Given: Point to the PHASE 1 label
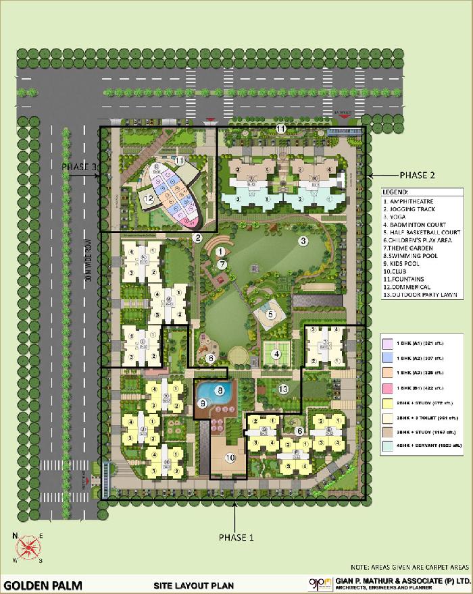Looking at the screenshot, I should pos(235,537).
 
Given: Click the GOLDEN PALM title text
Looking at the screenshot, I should pos(41,584).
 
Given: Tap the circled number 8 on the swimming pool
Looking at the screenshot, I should pos(219,389).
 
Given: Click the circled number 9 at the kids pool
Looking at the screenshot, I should pos(201,403).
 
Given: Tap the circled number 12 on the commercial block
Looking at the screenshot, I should pos(149,198).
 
